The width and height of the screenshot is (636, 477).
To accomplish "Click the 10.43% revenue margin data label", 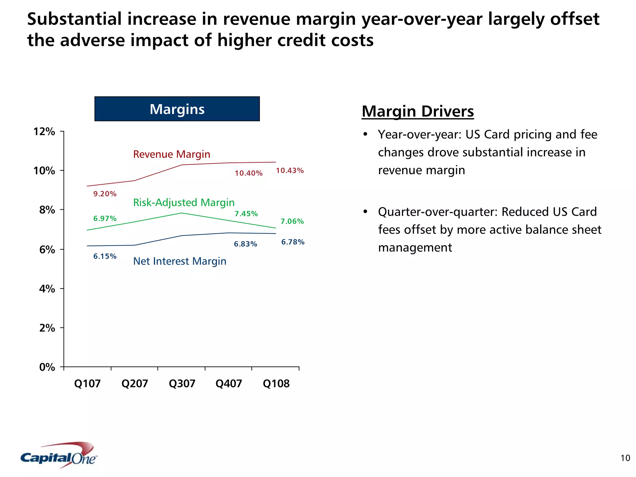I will pos(290,170).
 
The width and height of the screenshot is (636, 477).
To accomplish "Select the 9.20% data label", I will pos(105,194).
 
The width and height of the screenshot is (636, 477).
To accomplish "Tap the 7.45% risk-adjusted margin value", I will pos(246,214).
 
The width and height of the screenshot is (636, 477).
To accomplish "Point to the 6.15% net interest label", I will pos(105,256).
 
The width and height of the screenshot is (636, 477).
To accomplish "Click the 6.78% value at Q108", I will pos(293,242).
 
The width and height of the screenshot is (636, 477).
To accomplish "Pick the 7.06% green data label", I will pos(292,221).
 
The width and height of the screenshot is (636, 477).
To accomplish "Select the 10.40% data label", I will pos(248,173).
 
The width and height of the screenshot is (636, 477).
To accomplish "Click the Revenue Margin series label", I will pos(171,154).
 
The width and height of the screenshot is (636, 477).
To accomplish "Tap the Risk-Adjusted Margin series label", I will pos(184,202).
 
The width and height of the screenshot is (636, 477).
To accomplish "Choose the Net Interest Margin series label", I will pos(179,261).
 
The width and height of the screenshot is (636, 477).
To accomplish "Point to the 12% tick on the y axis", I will pos(44,132).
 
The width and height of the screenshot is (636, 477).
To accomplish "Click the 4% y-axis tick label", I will pos(47,289).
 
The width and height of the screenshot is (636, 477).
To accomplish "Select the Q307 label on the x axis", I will pos(182,383).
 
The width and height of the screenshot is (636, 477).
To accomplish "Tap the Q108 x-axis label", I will pos(276,383).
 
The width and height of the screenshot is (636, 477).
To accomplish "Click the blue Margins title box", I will pos(177,109).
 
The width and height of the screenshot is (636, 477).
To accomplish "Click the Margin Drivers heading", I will pos(418,111).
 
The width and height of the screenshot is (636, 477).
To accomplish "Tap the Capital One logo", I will pos(59,456).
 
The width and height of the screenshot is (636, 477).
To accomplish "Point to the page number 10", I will pos(625,458).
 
